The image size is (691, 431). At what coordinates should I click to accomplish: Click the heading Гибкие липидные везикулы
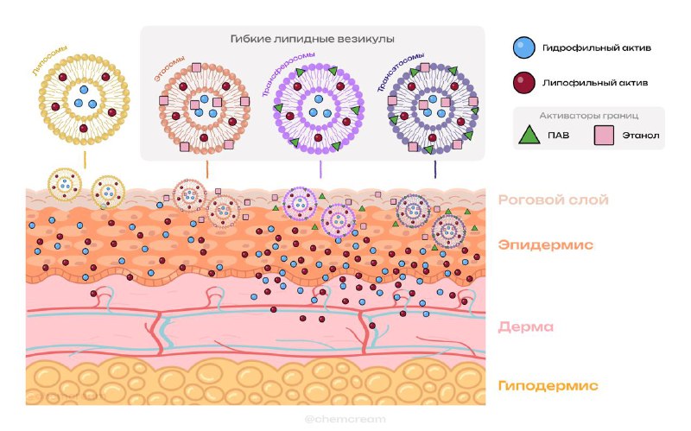coord(313,40)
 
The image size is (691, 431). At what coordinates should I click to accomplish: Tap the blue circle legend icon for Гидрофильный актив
coord(521,46)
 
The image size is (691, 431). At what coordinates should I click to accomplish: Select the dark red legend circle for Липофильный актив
coord(521,84)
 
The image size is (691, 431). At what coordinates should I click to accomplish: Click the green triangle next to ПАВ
coord(526,136)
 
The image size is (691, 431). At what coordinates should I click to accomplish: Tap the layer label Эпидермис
coord(544,245)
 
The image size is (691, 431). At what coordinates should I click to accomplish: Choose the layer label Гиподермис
coord(548,384)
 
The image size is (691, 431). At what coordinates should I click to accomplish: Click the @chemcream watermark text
coord(344,418)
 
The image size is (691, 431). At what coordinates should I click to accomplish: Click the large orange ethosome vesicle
coord(205,107)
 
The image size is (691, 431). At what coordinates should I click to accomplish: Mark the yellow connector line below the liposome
coord(84,161)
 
